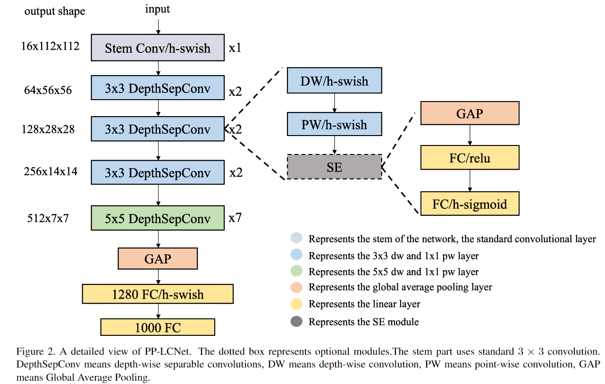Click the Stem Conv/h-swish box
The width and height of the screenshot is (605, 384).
point(158,48)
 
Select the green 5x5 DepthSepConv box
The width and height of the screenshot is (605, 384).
point(158,218)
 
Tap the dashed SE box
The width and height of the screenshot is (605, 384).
point(335,167)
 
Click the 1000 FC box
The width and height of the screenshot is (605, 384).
point(158,327)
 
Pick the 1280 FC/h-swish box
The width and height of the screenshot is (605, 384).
point(158,294)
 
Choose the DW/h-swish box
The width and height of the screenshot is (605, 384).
point(335,80)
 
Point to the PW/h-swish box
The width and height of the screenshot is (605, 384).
point(335,124)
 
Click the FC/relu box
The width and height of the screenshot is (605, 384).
point(470,158)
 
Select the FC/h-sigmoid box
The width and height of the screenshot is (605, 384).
point(470,204)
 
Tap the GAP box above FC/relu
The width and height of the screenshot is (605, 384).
point(470,113)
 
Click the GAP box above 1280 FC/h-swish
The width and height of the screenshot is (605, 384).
point(158,259)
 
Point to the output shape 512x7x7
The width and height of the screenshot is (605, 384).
point(48,218)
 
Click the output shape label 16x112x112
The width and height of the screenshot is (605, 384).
point(50,46)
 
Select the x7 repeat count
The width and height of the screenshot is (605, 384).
point(235,218)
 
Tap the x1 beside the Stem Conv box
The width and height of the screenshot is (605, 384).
point(235,48)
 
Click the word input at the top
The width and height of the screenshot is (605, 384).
point(158,9)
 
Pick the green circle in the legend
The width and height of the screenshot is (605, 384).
point(296,271)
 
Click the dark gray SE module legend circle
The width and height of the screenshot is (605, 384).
point(296,322)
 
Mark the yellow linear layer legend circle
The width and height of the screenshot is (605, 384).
point(296,304)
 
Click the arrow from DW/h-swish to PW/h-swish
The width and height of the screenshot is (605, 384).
point(335,103)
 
